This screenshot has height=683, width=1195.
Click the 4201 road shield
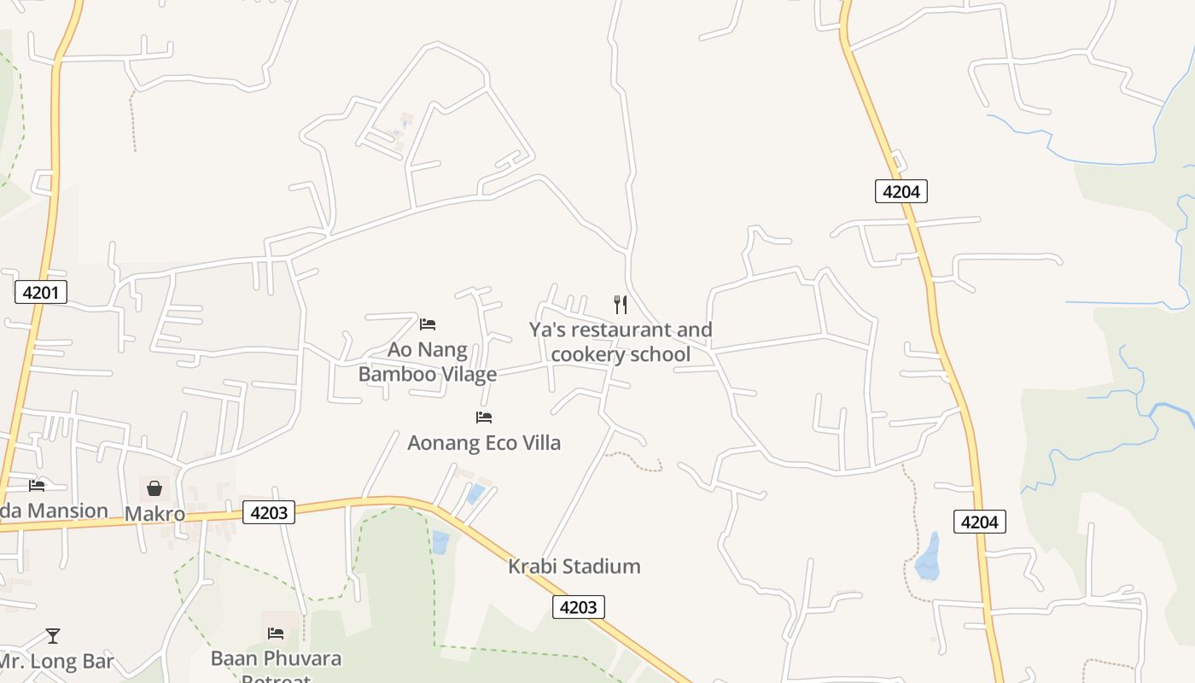coord(40,293)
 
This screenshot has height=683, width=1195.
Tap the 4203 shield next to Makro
coord(269,512)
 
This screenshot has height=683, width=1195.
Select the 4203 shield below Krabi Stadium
coord(579,607)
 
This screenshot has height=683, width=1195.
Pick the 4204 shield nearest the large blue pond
coord(979,521)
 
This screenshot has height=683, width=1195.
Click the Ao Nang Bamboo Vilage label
coord(427,362)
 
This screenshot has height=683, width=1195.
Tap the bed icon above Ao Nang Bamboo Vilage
coord(428,324)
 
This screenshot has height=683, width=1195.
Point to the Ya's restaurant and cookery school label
coord(621,341)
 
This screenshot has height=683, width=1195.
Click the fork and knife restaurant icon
coord(621,304)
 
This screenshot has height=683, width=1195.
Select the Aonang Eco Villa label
coord(484,443)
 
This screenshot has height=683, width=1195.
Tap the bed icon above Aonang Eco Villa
coord(484,417)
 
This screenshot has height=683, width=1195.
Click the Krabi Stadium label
coord(574,566)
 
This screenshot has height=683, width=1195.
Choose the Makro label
coord(154,514)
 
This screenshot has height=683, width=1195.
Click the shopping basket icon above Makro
coord(154,488)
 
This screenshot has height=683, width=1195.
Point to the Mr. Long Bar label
coord(56,662)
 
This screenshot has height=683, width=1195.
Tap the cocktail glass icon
coord(53,636)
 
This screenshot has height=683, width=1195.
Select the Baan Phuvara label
coord(276,659)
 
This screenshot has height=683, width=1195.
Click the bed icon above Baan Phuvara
coord(276,633)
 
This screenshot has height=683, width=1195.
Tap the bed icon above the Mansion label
coord(37,486)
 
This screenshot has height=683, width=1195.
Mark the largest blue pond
coord(927,557)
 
